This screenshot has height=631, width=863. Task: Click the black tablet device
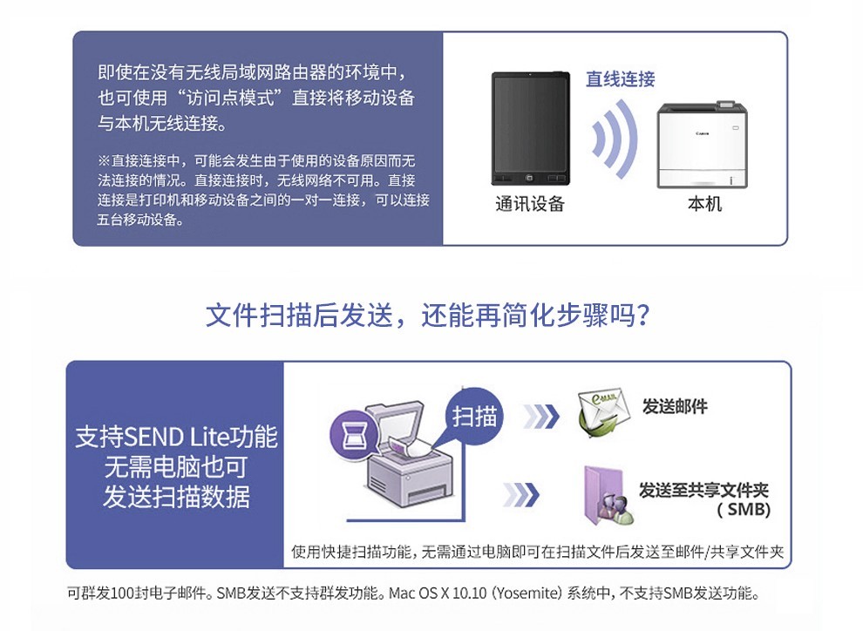(531, 128)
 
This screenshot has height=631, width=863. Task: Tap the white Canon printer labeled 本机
(703, 145)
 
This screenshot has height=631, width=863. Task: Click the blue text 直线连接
(621, 78)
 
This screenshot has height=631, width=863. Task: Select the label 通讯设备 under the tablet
(530, 204)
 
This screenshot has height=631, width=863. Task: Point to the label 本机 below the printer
(704, 204)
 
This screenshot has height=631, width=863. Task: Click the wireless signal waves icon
(615, 139)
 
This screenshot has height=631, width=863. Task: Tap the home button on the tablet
(529, 178)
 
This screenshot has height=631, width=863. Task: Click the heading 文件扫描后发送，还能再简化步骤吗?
(428, 315)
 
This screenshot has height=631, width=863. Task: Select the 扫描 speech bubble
(473, 417)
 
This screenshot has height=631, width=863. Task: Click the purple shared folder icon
(608, 495)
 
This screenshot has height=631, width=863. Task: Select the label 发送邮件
(675, 406)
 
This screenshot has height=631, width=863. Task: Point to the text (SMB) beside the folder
(743, 510)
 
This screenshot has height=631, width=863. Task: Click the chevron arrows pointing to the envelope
(541, 417)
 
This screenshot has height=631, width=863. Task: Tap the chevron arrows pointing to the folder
(521, 494)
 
